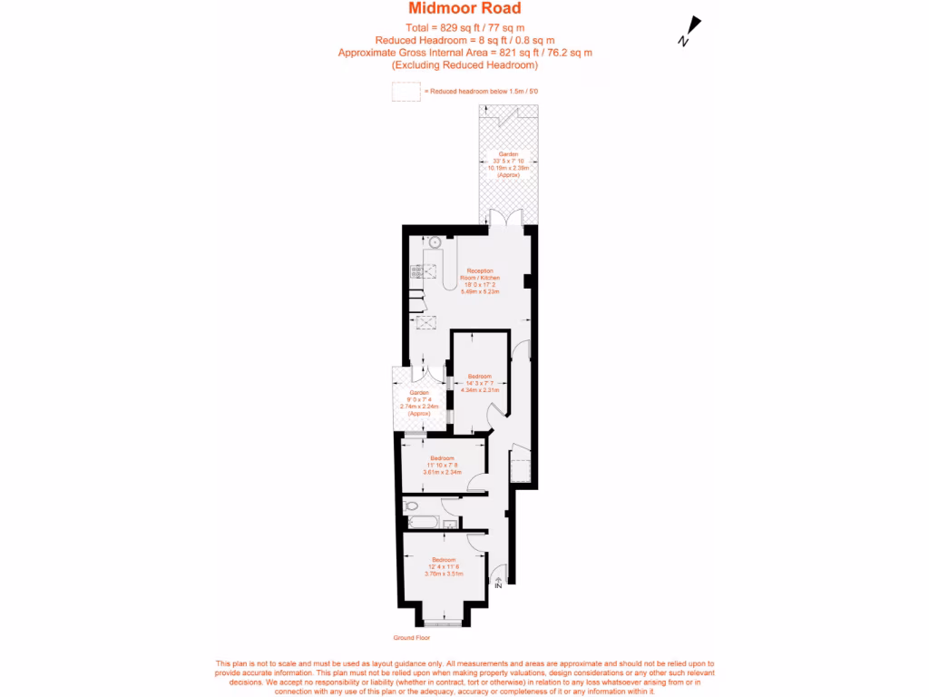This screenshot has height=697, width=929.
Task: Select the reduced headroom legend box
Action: point(406,92)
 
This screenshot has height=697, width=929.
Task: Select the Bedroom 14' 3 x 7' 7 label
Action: point(479,383)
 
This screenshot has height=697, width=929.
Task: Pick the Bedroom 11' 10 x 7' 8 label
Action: point(443,465)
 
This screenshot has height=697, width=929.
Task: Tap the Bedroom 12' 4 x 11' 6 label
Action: point(444,566)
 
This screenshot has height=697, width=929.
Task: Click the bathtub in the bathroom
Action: point(423,522)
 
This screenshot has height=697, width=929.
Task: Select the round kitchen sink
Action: point(434,242)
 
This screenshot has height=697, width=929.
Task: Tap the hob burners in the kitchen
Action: point(416,270)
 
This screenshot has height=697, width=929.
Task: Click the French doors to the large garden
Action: point(502,219)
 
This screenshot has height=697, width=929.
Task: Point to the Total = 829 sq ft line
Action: point(464,27)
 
